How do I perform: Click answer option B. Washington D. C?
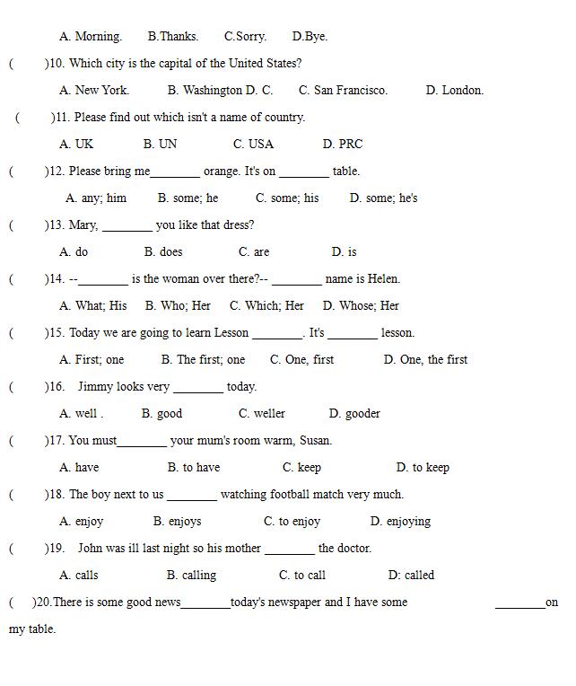point(220,90)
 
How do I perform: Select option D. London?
point(454,90)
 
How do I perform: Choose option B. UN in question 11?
point(160,144)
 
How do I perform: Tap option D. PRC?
point(343,144)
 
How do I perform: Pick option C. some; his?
point(287,198)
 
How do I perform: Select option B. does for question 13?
point(163,251)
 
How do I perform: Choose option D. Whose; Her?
point(361,305)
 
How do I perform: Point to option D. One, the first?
point(425,359)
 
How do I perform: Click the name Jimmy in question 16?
point(98,386)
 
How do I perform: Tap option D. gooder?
point(354,413)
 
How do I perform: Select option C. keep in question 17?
point(301,467)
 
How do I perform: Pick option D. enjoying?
point(400,521)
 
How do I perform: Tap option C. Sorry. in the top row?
point(245,36)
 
